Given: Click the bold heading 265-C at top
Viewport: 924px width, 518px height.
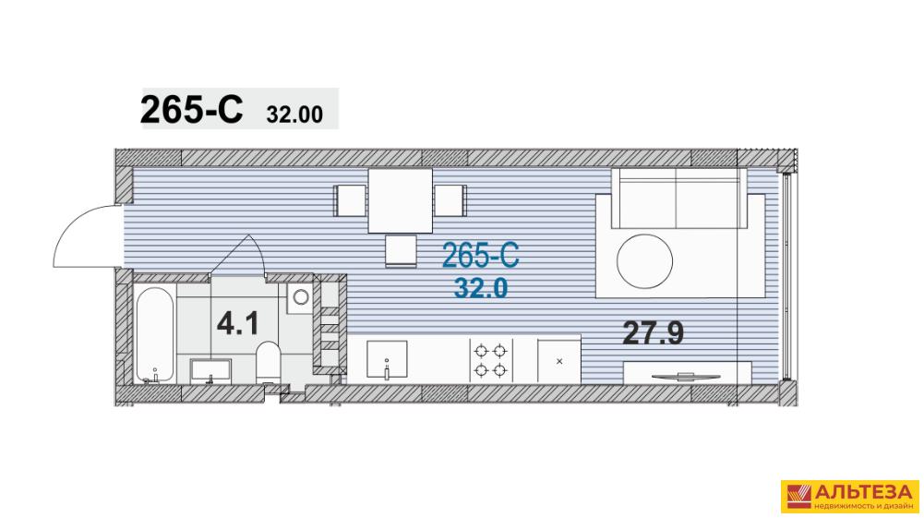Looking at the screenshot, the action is pos(191,110).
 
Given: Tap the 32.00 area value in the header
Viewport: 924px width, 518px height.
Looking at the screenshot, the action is pos(294,114).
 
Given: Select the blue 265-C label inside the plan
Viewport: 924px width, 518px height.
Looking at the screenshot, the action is pos(480,257).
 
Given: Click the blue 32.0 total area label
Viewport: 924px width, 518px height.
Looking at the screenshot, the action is pos(481,288).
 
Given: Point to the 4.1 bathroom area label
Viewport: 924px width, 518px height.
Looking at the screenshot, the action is pos(237,323).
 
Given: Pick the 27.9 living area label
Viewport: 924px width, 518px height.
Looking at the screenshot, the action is pos(653,333).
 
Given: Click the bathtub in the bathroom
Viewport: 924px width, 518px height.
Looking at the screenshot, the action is pos(155,334).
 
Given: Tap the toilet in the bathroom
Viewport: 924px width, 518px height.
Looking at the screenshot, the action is pos(268,361).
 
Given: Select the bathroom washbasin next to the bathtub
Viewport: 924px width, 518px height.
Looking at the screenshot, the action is pos(210,370).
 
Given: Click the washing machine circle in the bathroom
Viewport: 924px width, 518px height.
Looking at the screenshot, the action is pos(301,296).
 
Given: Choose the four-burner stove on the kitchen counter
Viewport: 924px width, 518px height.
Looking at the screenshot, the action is pos(491,360).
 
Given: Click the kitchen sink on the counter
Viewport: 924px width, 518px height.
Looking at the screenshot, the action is pos(387,359).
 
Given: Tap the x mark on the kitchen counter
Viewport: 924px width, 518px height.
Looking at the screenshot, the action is pos(559,361).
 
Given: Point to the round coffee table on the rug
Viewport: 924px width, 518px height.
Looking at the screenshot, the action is pos(644,261).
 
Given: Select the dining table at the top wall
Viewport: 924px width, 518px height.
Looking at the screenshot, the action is pos(400,200).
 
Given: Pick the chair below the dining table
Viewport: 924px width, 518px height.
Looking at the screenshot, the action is pos(402,250).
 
